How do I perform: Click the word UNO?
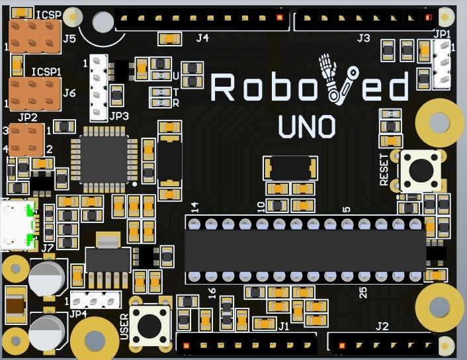pyautogui.click(x=306, y=127)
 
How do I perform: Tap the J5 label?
pyautogui.click(x=69, y=39)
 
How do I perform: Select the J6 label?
pyautogui.click(x=69, y=93)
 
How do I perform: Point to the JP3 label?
pyautogui.click(x=119, y=116)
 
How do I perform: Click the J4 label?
pyautogui.click(x=202, y=38)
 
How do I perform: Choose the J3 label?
pyautogui.click(x=363, y=38)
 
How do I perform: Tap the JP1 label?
pyautogui.click(x=442, y=34)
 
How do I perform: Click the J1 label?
pyautogui.click(x=284, y=326)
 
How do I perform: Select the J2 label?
pyautogui.click(x=382, y=326)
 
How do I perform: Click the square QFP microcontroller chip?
pyautogui.click(x=103, y=159)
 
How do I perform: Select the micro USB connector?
pyautogui.click(x=15, y=223)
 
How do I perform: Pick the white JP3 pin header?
pyautogui.click(x=99, y=88)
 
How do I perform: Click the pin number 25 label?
pyautogui.click(x=362, y=292)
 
